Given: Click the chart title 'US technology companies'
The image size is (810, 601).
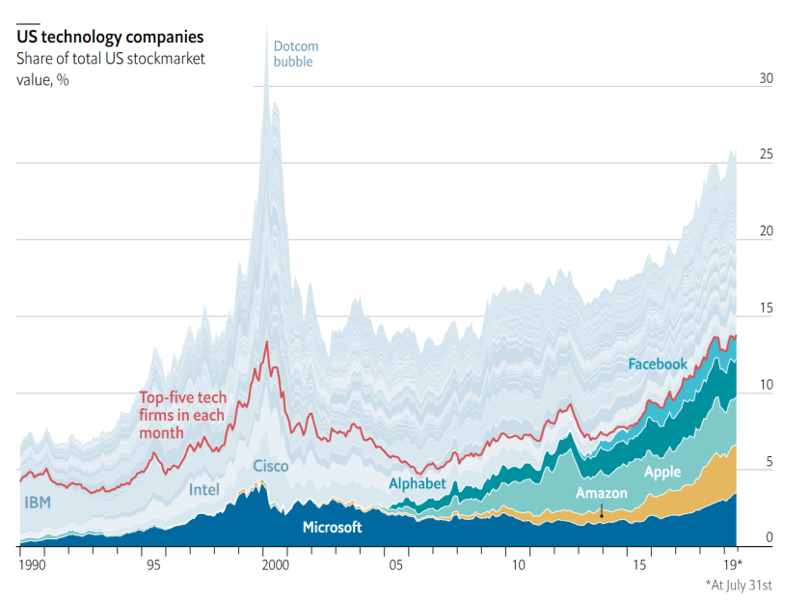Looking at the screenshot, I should click(x=109, y=38).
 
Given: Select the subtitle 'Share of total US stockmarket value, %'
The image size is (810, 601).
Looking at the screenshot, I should click(x=109, y=68).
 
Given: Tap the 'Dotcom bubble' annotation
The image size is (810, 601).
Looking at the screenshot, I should click(x=295, y=54).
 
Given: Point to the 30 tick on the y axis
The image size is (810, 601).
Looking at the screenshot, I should click(x=739, y=78).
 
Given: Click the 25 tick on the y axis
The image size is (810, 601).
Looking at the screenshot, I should click(x=739, y=154).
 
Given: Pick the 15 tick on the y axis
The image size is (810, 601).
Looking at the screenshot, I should click(x=739, y=308).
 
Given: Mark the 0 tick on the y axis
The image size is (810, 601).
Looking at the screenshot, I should click(x=742, y=537).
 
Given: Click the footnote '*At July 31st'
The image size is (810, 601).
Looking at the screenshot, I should click(x=745, y=585).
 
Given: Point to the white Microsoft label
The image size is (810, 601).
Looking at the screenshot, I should click(x=332, y=527).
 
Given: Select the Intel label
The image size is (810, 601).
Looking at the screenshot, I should click(x=203, y=489).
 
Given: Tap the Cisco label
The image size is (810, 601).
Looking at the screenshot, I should click(x=270, y=466).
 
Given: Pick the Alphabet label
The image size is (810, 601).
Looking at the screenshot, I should click(x=417, y=483).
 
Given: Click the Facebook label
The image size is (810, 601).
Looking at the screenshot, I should click(x=658, y=364).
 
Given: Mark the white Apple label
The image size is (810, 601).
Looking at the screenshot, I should click(x=662, y=472).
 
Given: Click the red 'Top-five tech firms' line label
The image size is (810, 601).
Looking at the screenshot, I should click(x=181, y=415).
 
